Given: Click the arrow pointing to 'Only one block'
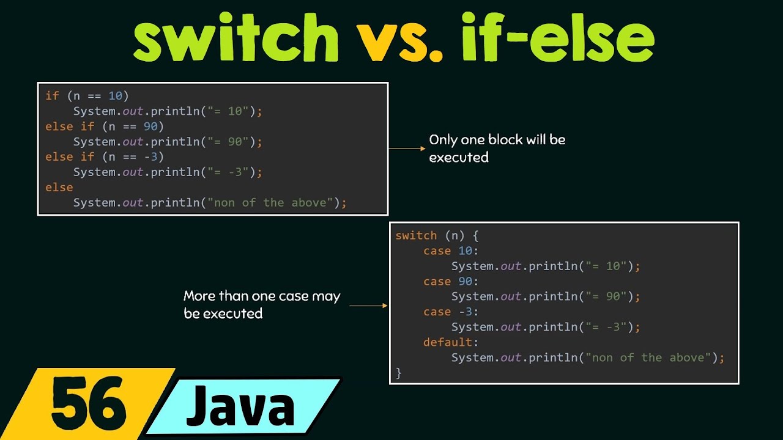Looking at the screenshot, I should pyautogui.click(x=406, y=148).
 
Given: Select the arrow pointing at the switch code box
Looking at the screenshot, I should pyautogui.click(x=368, y=305).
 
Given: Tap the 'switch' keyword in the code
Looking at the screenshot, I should pyautogui.click(x=416, y=236).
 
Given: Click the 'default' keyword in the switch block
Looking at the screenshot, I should pyautogui.click(x=448, y=342).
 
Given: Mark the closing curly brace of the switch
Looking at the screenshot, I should pyautogui.click(x=399, y=372).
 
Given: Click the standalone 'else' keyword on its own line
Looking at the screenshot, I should pyautogui.click(x=59, y=188).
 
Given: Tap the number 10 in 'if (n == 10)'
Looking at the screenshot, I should pyautogui.click(x=115, y=96).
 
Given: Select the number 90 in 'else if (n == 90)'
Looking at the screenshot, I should pyautogui.click(x=150, y=127).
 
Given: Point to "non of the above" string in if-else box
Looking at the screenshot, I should pyautogui.click(x=270, y=203).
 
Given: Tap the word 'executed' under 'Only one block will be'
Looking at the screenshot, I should pyautogui.click(x=459, y=158).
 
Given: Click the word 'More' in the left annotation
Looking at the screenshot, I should pyautogui.click(x=200, y=296).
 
